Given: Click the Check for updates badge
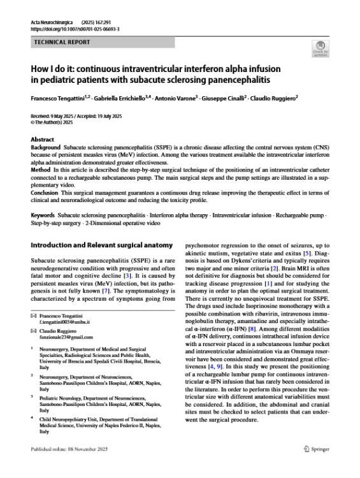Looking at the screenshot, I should (320, 47).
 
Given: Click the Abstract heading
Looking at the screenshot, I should (42, 138).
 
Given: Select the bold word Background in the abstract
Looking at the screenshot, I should (46, 147).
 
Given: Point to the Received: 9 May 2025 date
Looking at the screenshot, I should (55, 115).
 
